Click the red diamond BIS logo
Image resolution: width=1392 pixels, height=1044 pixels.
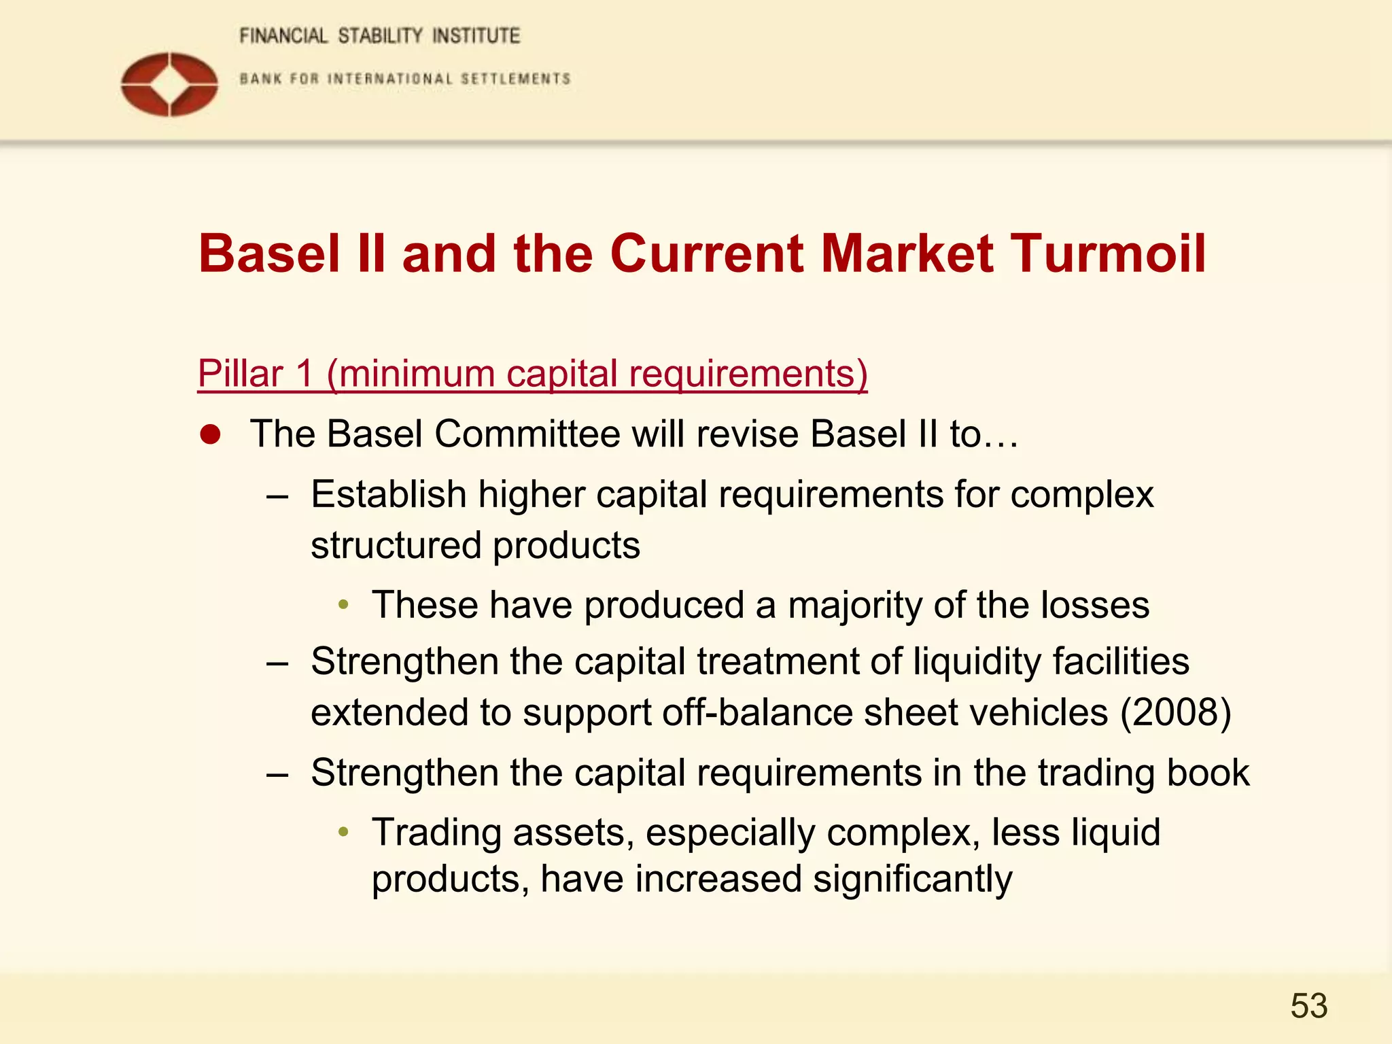pyautogui.click(x=169, y=84)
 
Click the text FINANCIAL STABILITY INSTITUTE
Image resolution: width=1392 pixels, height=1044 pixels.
pyautogui.click(x=379, y=36)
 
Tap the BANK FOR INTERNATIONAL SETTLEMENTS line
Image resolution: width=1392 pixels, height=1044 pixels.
pyautogui.click(x=405, y=79)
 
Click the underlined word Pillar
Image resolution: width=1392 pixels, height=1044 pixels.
pyautogui.click(x=240, y=373)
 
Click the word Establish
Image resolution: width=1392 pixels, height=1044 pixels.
pyautogui.click(x=388, y=494)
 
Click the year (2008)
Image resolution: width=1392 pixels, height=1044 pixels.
pyautogui.click(x=1175, y=712)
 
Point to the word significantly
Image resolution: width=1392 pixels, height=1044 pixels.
pyautogui.click(x=912, y=879)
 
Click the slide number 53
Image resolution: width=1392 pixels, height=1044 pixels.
pyautogui.click(x=1308, y=1006)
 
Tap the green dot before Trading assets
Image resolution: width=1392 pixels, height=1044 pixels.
pyautogui.click(x=344, y=831)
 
